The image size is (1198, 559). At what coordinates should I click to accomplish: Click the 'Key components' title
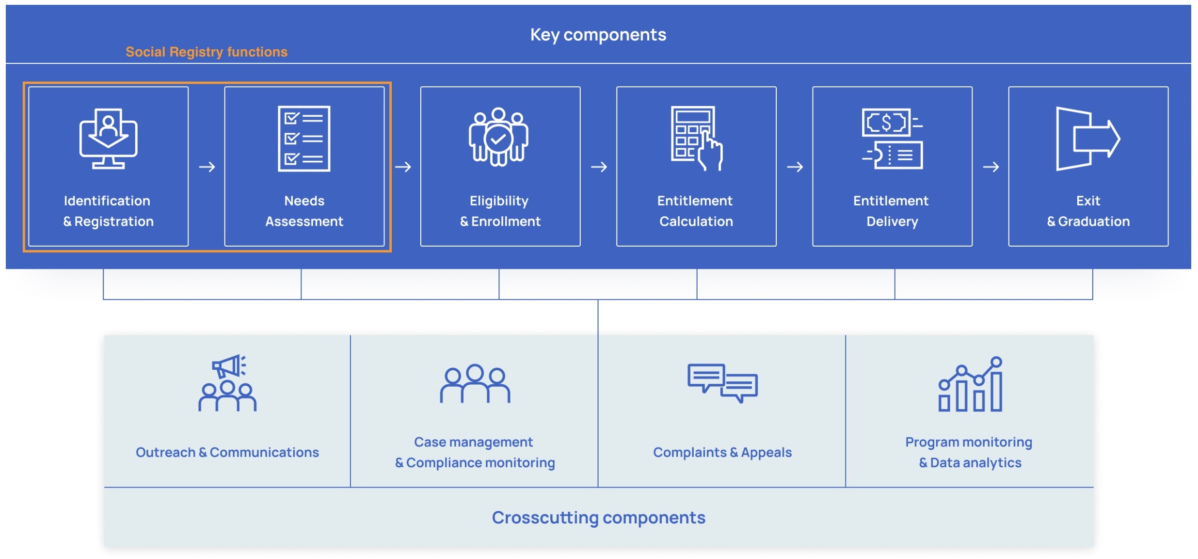pyautogui.click(x=598, y=35)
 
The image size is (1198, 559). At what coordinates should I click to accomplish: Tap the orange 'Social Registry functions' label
pyautogui.click(x=206, y=52)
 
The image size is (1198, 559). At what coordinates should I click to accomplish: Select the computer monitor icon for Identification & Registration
pyautogui.click(x=108, y=139)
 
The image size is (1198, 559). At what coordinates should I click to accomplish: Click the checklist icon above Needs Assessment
pyautogui.click(x=304, y=139)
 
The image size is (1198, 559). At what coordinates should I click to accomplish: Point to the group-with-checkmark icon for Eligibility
pyautogui.click(x=499, y=137)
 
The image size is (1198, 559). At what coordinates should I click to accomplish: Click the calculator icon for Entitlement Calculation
pyautogui.click(x=696, y=138)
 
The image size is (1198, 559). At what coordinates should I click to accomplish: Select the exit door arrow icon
pyautogui.click(x=1087, y=139)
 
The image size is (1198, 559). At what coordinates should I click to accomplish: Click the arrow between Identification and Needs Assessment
pyautogui.click(x=207, y=167)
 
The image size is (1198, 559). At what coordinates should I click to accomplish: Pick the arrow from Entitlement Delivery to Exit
pyautogui.click(x=990, y=167)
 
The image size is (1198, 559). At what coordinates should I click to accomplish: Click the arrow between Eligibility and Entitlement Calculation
pyautogui.click(x=599, y=167)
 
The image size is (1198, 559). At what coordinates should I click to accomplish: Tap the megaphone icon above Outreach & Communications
pyautogui.click(x=228, y=367)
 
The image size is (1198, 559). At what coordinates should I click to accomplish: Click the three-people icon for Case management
pyautogui.click(x=475, y=384)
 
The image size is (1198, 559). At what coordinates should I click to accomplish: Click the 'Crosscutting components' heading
pyautogui.click(x=599, y=517)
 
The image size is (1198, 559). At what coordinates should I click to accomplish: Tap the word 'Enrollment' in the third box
pyautogui.click(x=506, y=222)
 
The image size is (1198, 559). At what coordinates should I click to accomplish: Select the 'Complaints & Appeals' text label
pyautogui.click(x=722, y=452)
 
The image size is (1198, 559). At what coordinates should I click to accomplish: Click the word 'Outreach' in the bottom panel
pyautogui.click(x=166, y=452)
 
